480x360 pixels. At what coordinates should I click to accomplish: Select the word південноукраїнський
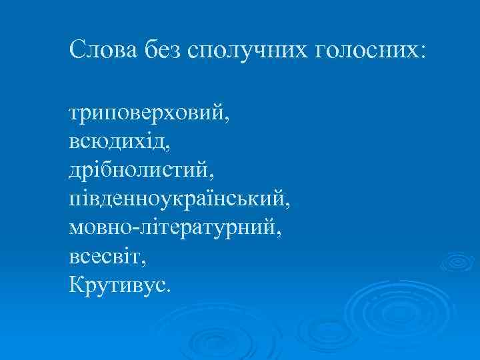pos(179,200)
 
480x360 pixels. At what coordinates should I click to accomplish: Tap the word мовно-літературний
pos(173,229)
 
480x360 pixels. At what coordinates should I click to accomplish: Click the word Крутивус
pos(117,285)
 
